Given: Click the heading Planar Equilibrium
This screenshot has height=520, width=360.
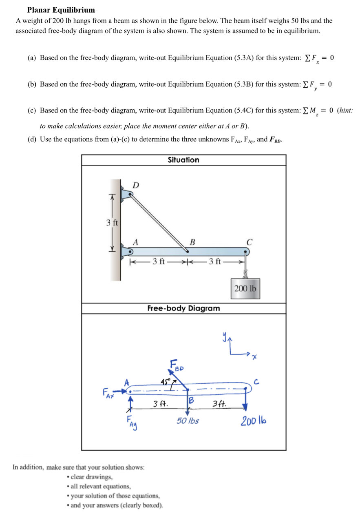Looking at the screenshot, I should (61, 10).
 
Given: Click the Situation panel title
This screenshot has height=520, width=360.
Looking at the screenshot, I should (183, 160).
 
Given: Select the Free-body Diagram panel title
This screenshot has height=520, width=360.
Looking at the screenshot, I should (183, 308).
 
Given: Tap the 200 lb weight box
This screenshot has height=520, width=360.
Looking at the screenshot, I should (245, 288).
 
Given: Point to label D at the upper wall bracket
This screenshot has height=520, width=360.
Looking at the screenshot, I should (136, 185).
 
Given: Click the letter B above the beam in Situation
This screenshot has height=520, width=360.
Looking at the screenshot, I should (192, 241).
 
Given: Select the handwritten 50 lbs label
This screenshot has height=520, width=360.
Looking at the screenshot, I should (188, 420).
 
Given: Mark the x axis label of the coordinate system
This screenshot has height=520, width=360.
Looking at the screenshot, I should (255, 357).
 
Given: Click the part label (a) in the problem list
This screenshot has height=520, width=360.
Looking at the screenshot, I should (32, 58).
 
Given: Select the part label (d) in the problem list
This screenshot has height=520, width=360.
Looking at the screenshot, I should (32, 139).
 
